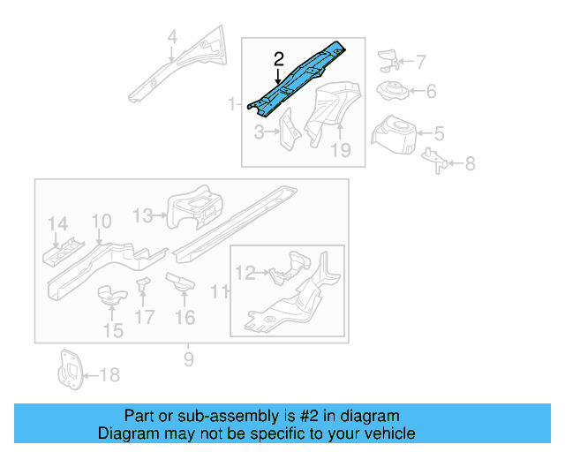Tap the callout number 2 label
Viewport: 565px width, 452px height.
point(278,59)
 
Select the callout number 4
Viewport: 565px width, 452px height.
point(172,37)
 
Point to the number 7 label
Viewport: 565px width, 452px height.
point(420,62)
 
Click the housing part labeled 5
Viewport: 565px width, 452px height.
point(396,133)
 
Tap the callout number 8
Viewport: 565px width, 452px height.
point(470,163)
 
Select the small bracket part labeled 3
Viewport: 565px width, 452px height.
point(289,129)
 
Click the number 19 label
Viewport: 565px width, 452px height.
point(341,150)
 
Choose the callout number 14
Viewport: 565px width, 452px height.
point(57,223)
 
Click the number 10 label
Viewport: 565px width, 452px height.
point(102,221)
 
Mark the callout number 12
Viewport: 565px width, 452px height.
point(245,274)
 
